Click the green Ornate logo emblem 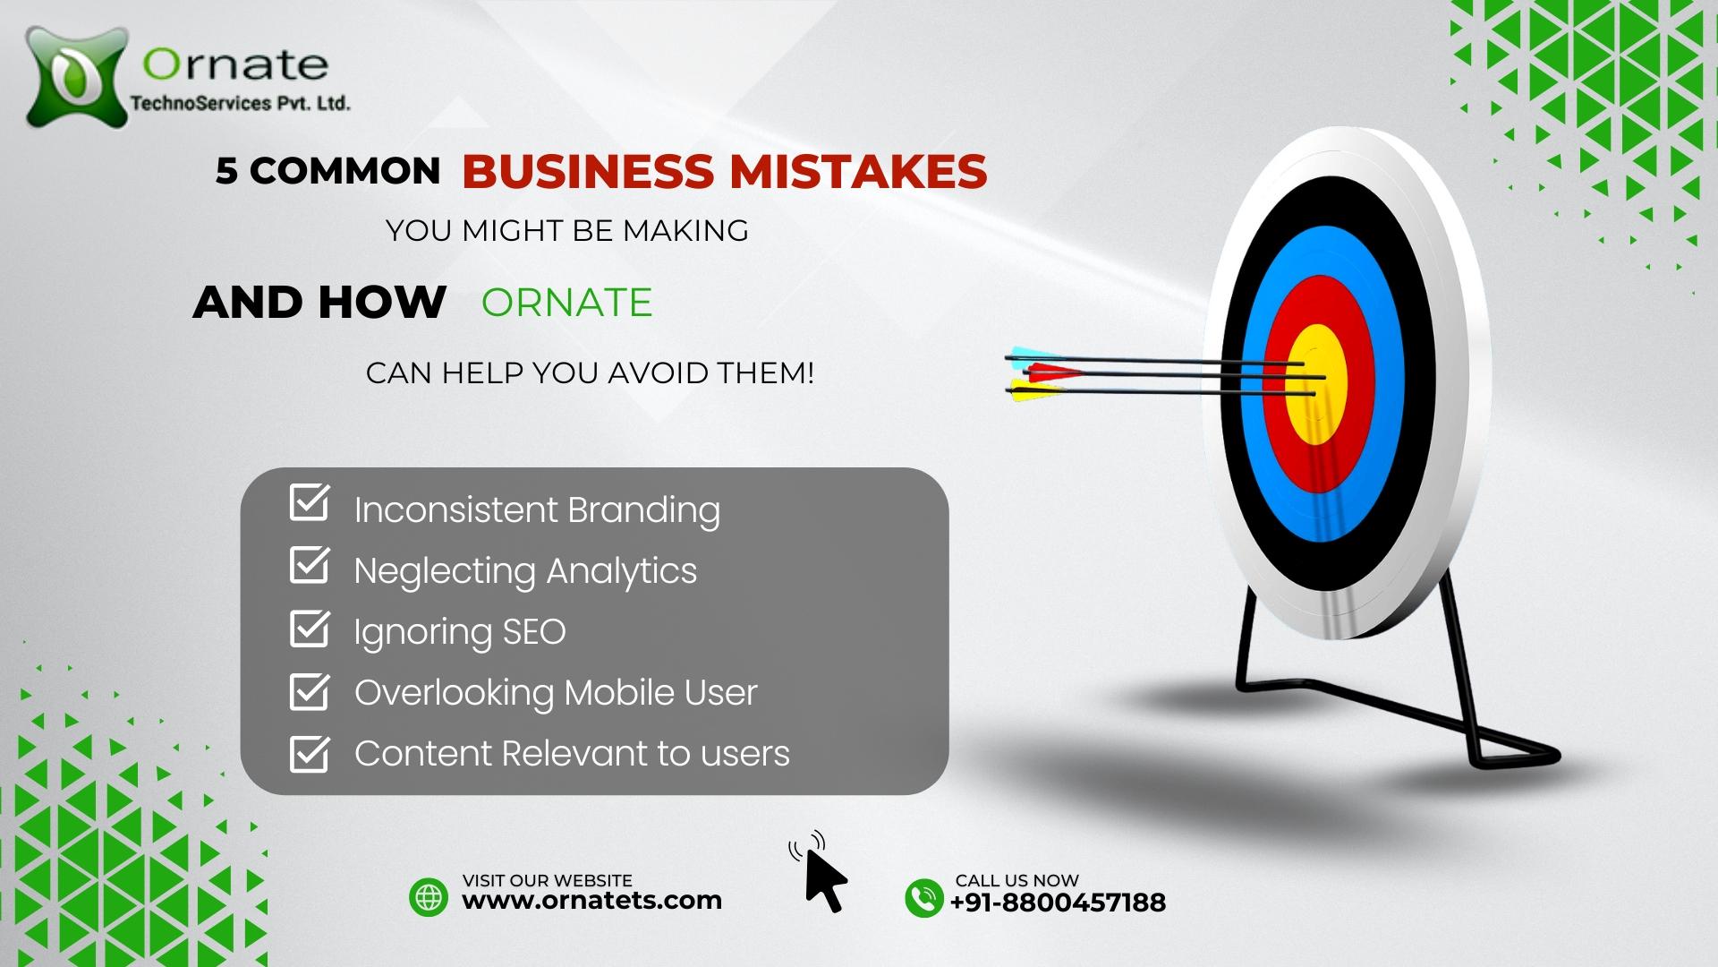point(75,76)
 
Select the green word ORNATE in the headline point(566,303)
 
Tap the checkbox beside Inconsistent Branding point(310,503)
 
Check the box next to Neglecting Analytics point(310,565)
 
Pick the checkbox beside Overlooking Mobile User point(310,690)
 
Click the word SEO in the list point(534,632)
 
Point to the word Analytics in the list point(622,572)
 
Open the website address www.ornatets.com point(591,901)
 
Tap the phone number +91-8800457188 point(1058,903)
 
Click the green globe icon point(429,897)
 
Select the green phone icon point(924,897)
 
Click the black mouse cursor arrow point(825,881)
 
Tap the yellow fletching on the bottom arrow point(1034,389)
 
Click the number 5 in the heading point(225,171)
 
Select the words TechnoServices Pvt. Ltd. point(240,103)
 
